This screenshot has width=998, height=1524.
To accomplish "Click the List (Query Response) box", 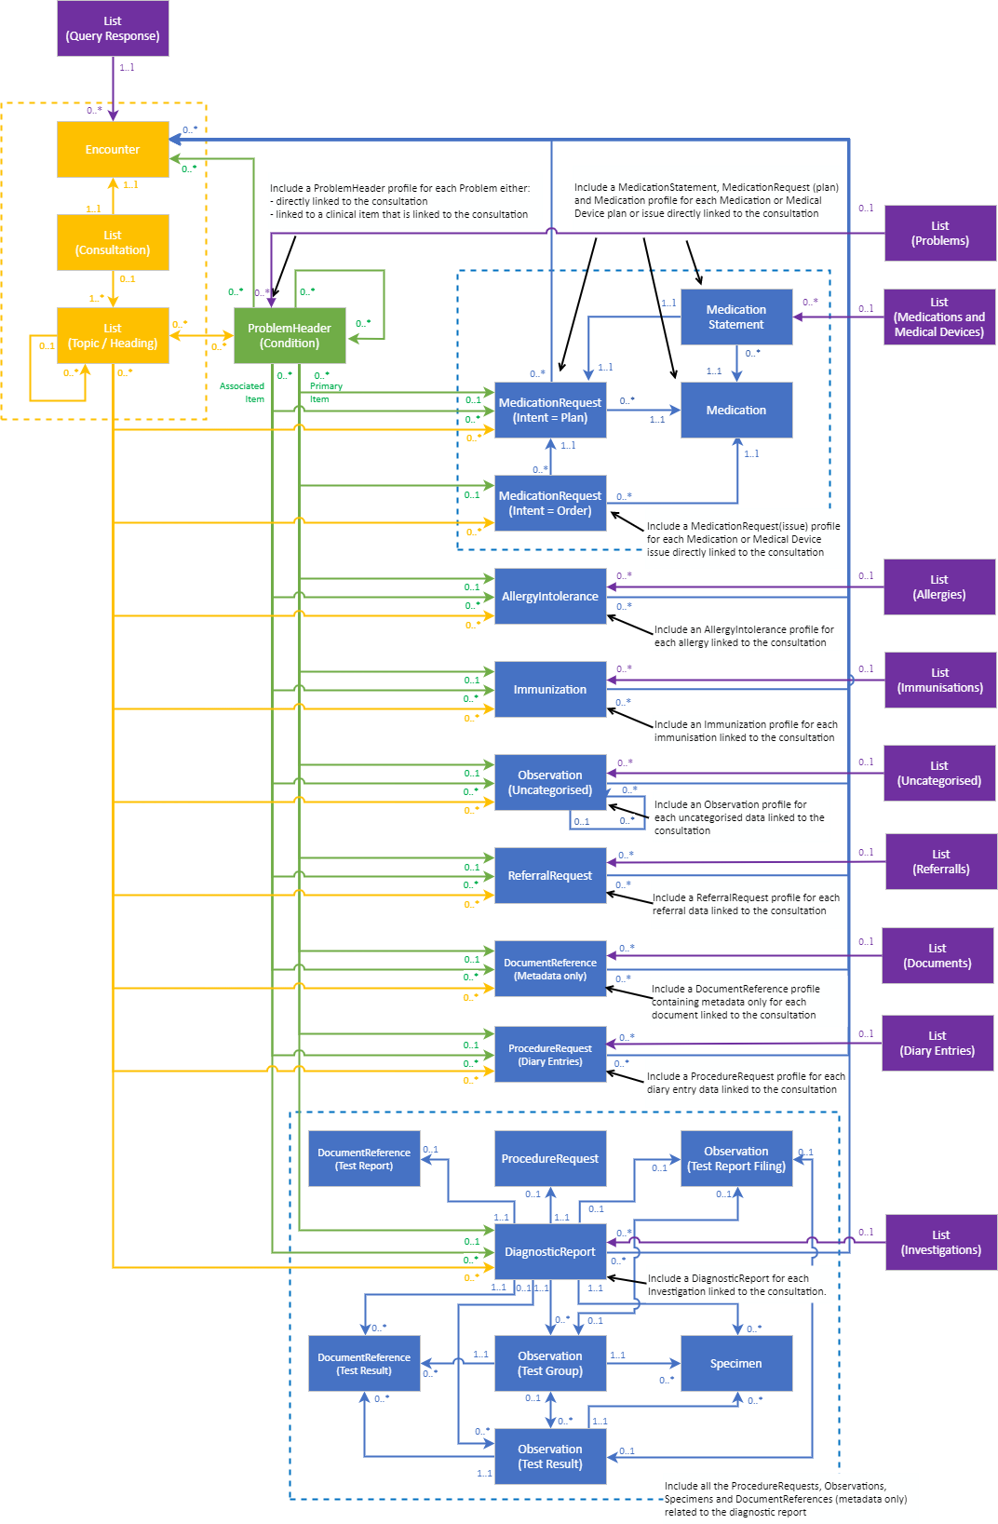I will click(x=113, y=29).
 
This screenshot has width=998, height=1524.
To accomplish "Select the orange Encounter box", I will click(x=113, y=149).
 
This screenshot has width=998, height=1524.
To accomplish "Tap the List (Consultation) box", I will click(x=113, y=243).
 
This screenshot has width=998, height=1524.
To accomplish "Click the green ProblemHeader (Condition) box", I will click(x=290, y=336).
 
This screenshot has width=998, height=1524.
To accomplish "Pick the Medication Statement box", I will click(x=735, y=317).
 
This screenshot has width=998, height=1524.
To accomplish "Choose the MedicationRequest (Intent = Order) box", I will click(x=549, y=504).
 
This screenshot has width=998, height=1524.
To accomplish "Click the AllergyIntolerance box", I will click(x=549, y=597).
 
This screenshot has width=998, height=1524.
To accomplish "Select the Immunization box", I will click(x=549, y=690).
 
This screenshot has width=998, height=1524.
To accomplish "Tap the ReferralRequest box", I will click(x=549, y=876).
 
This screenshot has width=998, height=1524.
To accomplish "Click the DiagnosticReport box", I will click(x=549, y=1252).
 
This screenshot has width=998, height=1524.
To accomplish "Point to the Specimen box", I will click(x=735, y=1364).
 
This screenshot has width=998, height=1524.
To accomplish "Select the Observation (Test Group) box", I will click(x=549, y=1364).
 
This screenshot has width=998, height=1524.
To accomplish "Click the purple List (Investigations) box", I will click(x=940, y=1243).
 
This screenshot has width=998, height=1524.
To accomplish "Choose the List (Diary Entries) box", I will click(x=937, y=1044).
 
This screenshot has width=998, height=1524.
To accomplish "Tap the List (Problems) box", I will click(x=939, y=234).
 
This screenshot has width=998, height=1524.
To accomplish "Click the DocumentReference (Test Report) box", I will click(x=364, y=1159).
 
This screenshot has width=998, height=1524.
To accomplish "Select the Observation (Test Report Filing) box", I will click(x=735, y=1159).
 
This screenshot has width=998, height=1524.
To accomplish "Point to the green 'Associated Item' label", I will click(x=243, y=392).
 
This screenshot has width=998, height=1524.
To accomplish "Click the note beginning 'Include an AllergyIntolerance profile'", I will click(x=744, y=636).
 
